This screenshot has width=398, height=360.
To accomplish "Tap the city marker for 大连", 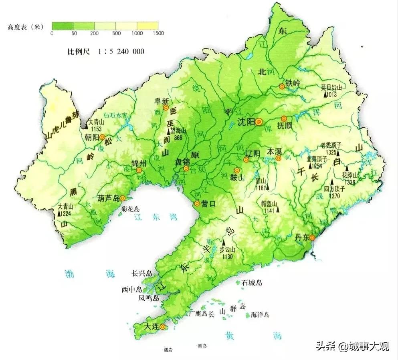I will coord(163,328).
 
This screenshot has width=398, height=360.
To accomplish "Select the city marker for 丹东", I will coord(312,237).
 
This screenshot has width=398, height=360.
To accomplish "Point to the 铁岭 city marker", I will coord(282,86).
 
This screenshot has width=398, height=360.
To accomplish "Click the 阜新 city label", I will coord(162,101).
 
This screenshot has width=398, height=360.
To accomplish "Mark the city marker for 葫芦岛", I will coord(123,198).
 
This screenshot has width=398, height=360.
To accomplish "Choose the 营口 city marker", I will coord(197,203).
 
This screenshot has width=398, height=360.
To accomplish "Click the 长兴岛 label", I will coord(142,274).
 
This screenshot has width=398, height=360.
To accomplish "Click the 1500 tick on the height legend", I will coord(158,34).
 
